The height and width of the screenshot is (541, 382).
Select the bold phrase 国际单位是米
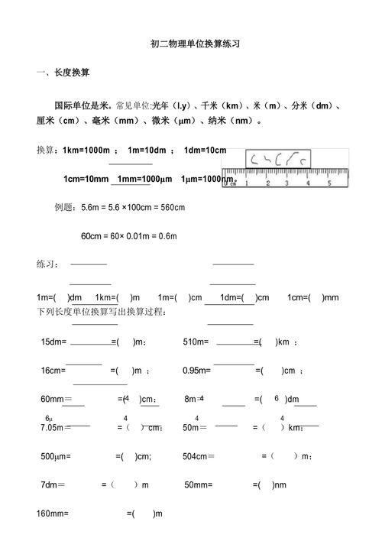pyautogui.click(x=83, y=105)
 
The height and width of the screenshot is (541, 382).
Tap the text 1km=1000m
pyautogui.click(x=87, y=150)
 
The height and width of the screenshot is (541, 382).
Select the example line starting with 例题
pyautogui.click(x=120, y=207)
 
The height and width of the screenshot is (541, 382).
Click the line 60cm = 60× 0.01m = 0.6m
pyautogui.click(x=128, y=235)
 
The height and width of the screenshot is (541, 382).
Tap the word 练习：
pyautogui.click(x=48, y=264)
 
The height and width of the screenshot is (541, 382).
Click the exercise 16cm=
pyautogui.click(x=53, y=371)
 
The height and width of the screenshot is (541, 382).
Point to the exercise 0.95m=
pyautogui.click(x=197, y=371)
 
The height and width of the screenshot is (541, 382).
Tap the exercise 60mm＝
pyautogui.click(x=56, y=399)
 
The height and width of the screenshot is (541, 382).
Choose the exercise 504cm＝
pyautogui.click(x=199, y=456)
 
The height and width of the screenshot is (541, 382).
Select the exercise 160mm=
pyautogui.click(x=53, y=513)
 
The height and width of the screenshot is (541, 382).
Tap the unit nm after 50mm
pyautogui.click(x=280, y=484)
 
